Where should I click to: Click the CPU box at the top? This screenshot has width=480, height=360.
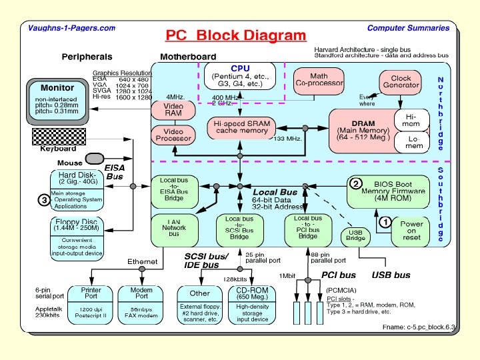[x=240, y=77]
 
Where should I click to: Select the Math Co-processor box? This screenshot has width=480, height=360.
[x=319, y=81]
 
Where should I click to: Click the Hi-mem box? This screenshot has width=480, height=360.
[x=414, y=120]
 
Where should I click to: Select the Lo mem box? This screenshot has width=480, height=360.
[x=414, y=141]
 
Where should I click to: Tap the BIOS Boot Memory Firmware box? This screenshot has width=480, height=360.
[x=392, y=191]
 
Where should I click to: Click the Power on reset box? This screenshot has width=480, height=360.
[x=411, y=231]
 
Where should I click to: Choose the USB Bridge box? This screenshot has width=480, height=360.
[x=355, y=236]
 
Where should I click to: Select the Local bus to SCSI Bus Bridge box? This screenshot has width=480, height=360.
[x=239, y=227]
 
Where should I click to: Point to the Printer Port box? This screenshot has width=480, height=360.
[x=91, y=294]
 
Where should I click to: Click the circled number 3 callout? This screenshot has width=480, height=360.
[x=44, y=199]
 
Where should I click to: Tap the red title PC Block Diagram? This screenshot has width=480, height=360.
[x=236, y=35]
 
